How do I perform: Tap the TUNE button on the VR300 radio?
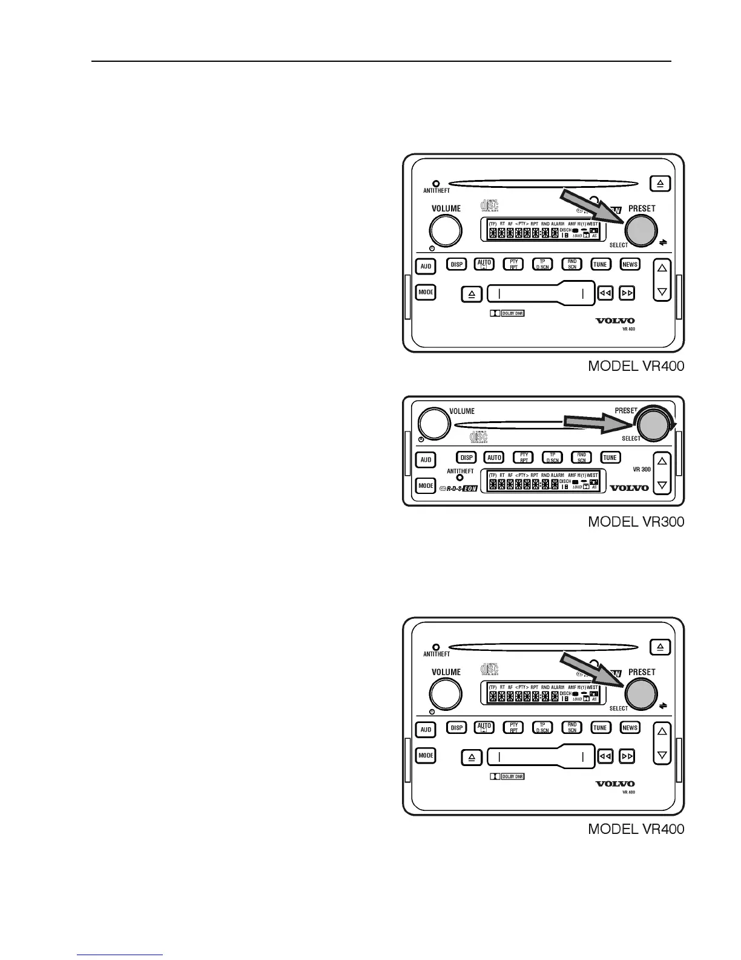pos(610,458)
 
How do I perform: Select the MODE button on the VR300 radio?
pos(426,485)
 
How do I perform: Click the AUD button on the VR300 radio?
pos(426,459)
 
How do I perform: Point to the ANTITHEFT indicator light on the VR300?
pos(460,478)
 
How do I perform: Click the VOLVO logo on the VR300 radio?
pos(629,487)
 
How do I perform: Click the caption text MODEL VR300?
pos(636,522)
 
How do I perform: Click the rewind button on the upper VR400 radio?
pos(605,293)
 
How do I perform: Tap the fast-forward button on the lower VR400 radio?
pos(628,756)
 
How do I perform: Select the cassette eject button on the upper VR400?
pos(472,295)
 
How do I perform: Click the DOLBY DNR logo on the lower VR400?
pos(507,776)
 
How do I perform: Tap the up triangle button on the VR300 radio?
pos(662,461)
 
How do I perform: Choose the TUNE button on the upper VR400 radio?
pos(600,264)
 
